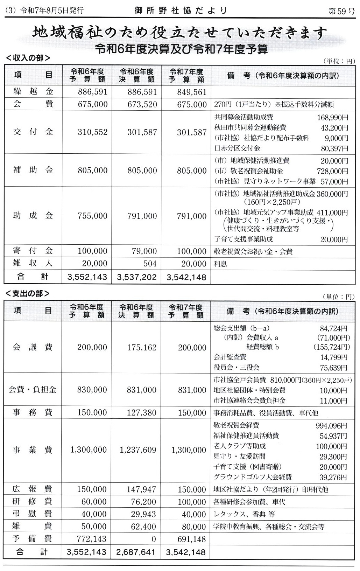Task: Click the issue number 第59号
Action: pos(341,11)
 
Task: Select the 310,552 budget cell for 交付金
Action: pos(92,132)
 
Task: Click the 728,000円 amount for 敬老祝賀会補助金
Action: pos(334,171)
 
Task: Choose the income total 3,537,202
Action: pos(137,278)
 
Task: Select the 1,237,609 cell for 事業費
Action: pos(138,450)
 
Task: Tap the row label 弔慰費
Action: pos(32,514)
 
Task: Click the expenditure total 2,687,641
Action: pos(136,552)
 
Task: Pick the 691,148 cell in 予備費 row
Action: pos(191,539)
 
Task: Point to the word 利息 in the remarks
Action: pos(220,264)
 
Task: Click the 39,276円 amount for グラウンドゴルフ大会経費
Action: pos(334,478)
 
